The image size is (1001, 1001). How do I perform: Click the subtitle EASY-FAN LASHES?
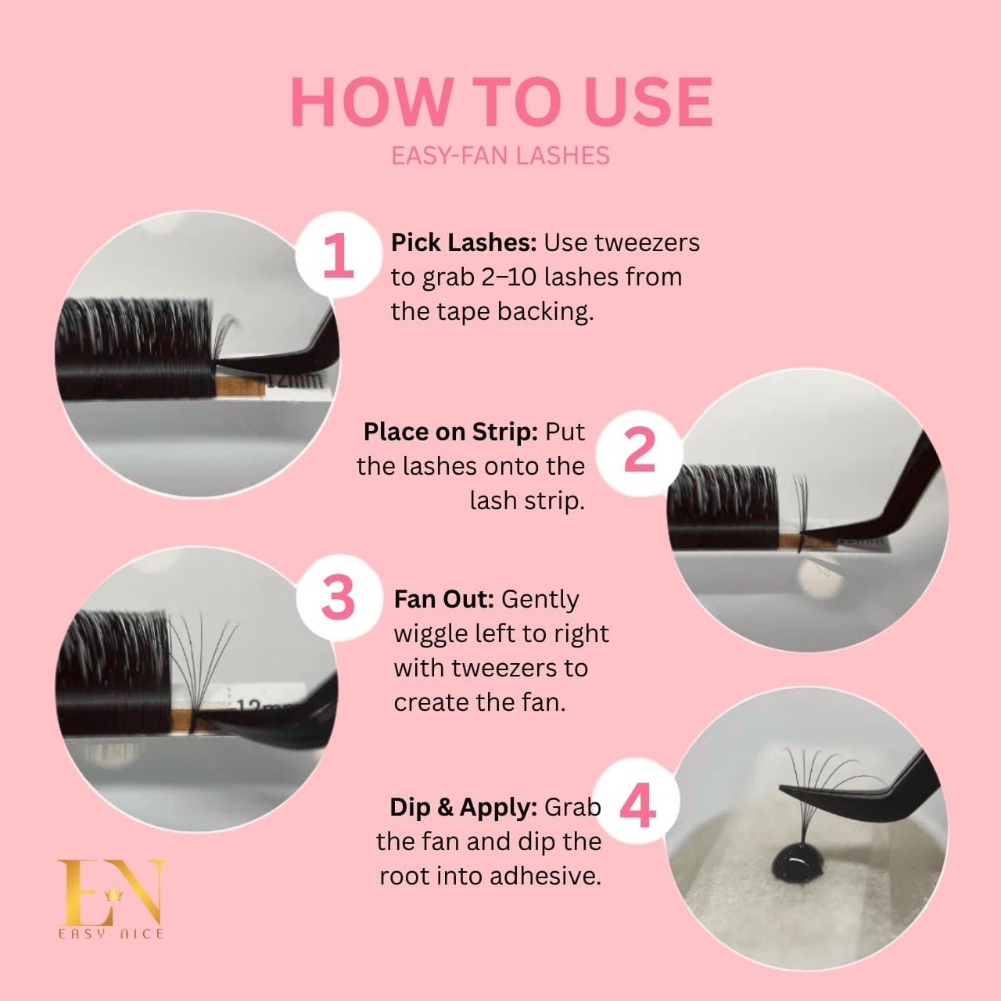point(500,155)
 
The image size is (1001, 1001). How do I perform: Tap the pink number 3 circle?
point(338,598)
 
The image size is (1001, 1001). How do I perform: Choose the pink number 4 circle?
point(638,806)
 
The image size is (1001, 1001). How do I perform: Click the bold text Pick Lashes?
point(463,242)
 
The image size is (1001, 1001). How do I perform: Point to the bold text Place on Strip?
point(450,432)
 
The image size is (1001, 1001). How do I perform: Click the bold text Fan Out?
point(443,599)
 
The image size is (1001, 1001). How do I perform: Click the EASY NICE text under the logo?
point(111,934)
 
